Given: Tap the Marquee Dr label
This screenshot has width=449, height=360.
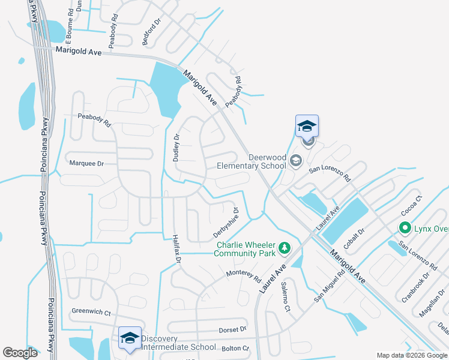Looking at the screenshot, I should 87,163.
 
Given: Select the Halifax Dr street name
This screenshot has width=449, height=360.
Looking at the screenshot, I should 176,250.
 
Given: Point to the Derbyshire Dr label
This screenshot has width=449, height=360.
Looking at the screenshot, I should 226,223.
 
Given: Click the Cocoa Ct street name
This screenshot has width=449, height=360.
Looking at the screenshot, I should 412,205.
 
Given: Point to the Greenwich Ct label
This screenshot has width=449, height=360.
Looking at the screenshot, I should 92,312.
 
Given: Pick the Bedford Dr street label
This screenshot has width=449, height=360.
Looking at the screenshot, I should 152,35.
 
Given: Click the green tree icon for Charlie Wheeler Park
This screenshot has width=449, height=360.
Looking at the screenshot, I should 285,248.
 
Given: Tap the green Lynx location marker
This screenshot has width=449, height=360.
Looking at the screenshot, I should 405,229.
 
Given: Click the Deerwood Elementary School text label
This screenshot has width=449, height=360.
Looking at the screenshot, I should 251,161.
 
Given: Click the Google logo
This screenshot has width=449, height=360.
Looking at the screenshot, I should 20,353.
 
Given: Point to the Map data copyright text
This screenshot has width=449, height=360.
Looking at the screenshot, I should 412,355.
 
